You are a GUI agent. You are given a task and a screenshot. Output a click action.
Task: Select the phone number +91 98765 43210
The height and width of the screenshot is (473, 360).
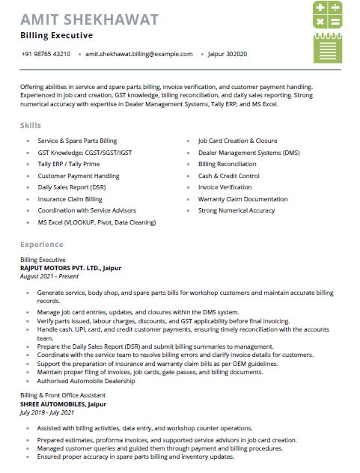[x=46, y=54]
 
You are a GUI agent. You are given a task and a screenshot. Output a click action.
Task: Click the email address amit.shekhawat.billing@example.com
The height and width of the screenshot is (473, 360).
[x=139, y=54]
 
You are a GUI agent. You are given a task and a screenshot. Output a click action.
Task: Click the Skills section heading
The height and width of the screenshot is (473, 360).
[x=31, y=125]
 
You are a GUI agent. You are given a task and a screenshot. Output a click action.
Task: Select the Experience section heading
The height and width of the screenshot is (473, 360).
[x=42, y=245]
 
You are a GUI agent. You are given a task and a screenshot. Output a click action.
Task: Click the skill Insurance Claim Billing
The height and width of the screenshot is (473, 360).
[x=70, y=199]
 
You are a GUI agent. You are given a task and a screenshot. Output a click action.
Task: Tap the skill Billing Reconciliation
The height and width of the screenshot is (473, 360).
[x=227, y=164]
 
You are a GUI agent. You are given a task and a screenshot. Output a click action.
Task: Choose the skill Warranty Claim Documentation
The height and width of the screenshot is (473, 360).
[x=242, y=199]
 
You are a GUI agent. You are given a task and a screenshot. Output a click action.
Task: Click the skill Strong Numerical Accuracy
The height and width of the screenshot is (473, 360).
[x=236, y=211]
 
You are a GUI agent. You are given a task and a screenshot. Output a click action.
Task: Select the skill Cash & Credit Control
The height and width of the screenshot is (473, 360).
[x=228, y=176]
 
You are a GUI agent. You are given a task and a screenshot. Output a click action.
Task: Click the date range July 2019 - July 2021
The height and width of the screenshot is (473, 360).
[x=47, y=412]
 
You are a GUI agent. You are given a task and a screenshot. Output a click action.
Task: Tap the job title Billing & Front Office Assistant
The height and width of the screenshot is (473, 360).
[x=62, y=395]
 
